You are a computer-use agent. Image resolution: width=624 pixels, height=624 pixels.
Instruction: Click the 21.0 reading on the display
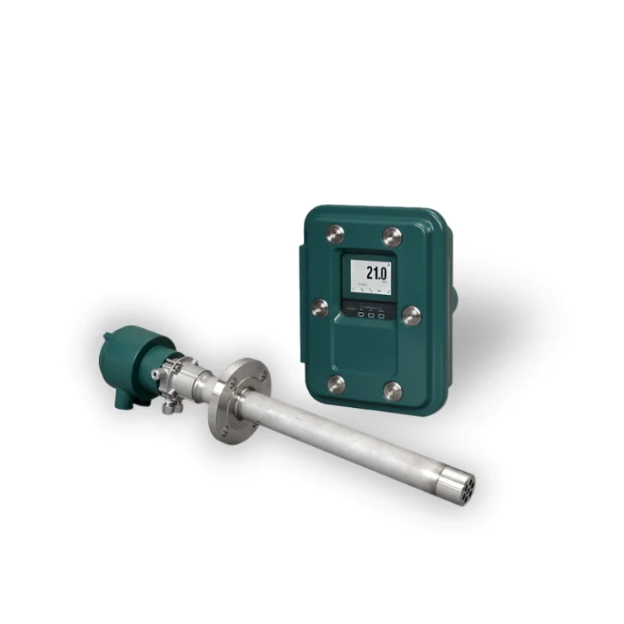click(375, 271)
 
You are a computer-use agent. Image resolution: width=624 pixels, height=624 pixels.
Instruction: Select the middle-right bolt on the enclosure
click(411, 315)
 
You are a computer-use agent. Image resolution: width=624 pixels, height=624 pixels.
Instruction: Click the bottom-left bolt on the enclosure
click(335, 383)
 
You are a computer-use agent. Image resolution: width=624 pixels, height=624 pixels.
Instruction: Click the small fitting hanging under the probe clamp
click(168, 406)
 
